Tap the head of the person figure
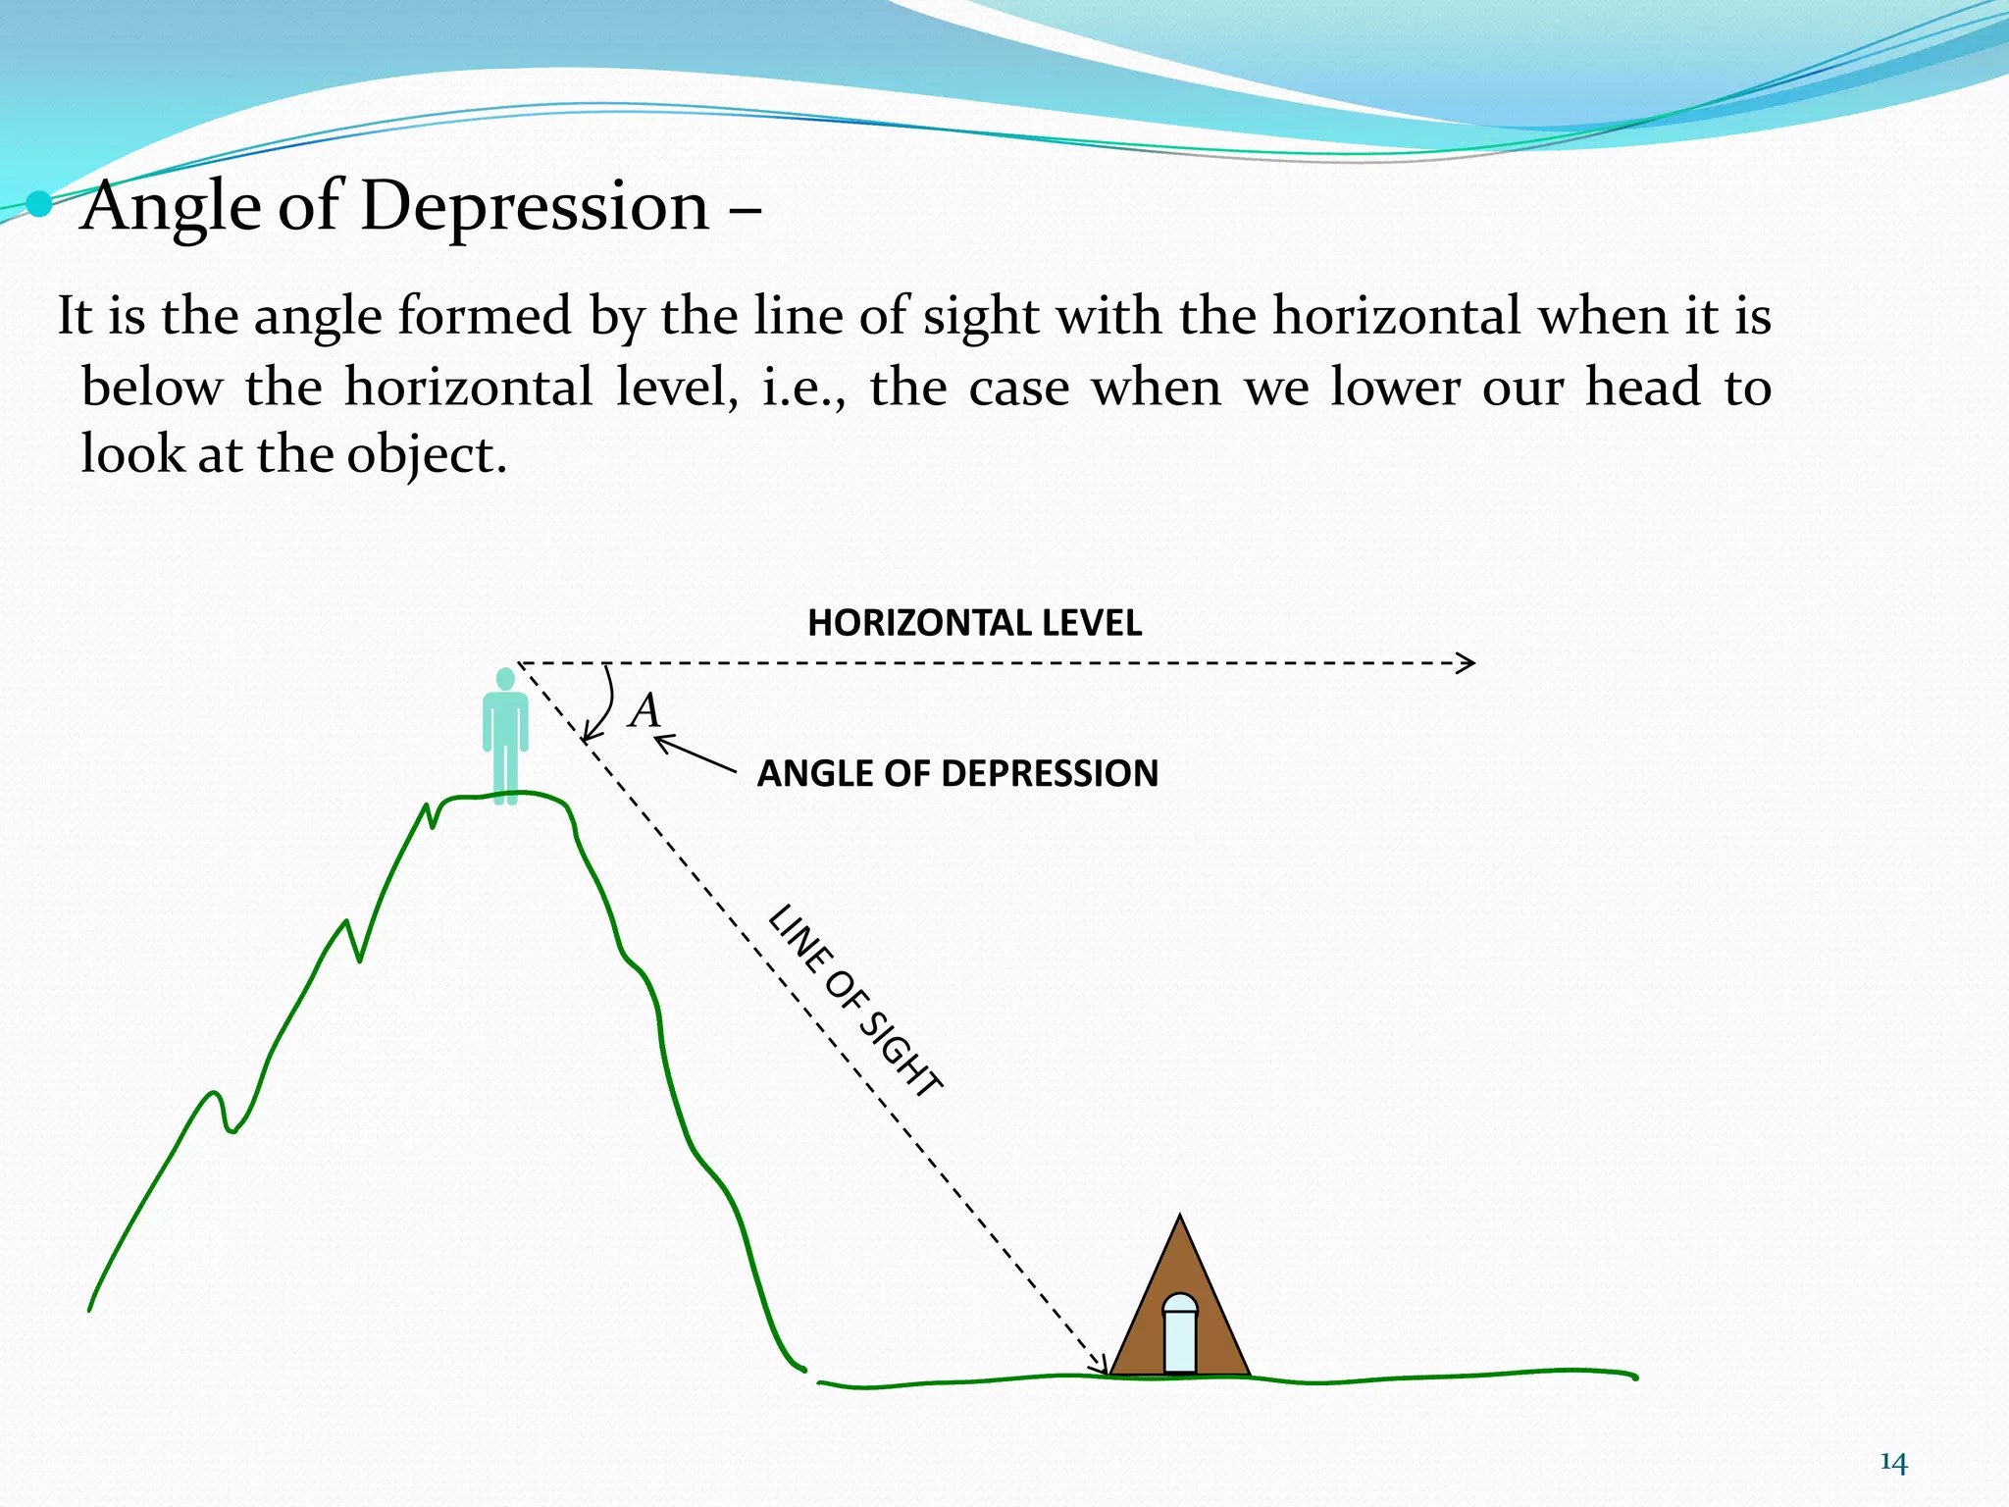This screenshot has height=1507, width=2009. pyautogui.click(x=505, y=678)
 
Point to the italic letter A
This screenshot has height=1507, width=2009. pyautogui.click(x=644, y=710)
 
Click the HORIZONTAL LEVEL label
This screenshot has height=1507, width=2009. pyautogui.click(x=974, y=623)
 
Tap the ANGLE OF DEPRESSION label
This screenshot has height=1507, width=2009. pyautogui.click(x=957, y=773)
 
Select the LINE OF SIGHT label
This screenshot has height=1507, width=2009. pyautogui.click(x=855, y=1001)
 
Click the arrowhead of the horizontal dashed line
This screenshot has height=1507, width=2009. pyautogui.click(x=1467, y=663)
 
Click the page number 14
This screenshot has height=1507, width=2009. pyautogui.click(x=1893, y=1463)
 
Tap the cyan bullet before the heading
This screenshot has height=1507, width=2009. pyautogui.click(x=39, y=204)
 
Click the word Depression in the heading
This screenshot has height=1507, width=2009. pyautogui.click(x=535, y=207)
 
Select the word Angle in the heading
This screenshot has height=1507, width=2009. pyautogui.click(x=172, y=207)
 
